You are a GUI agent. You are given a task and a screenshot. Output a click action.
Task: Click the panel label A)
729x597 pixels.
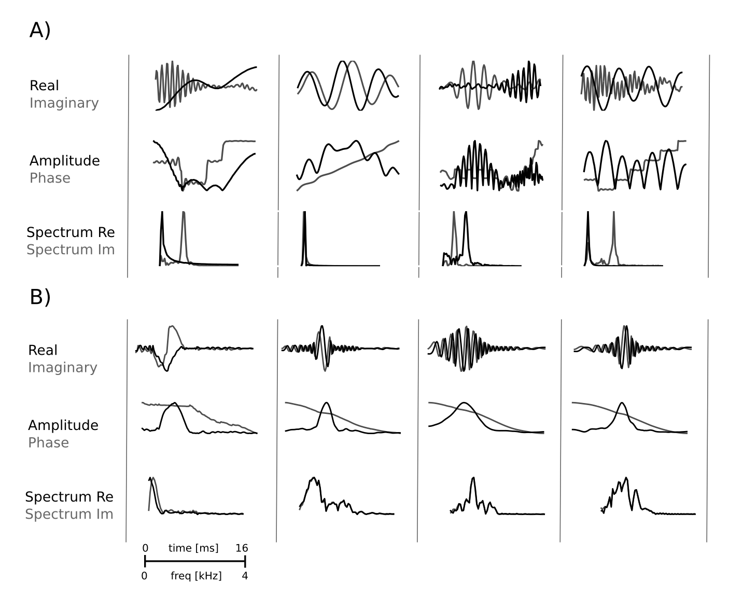click(40, 31)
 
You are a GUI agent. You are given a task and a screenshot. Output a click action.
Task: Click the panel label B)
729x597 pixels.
click(40, 297)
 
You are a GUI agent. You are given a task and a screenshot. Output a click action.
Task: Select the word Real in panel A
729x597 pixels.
click(44, 86)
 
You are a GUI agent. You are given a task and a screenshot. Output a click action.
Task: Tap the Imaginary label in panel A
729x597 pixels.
click(64, 103)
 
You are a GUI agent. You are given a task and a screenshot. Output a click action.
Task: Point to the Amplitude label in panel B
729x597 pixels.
click(63, 425)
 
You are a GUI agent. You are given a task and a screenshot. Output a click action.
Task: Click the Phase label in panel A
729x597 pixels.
click(50, 178)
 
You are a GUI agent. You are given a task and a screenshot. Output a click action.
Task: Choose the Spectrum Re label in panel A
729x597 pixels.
click(71, 232)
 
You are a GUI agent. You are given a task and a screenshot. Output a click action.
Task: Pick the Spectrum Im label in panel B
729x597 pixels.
click(69, 514)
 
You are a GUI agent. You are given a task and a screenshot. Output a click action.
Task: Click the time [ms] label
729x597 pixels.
click(193, 548)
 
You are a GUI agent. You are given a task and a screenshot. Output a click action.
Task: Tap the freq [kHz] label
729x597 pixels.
click(196, 576)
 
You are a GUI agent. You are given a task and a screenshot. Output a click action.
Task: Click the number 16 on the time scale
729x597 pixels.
click(242, 548)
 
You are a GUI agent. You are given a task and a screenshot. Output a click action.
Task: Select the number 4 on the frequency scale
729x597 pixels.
click(245, 576)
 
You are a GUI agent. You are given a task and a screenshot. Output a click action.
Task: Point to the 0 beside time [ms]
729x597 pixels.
click(145, 548)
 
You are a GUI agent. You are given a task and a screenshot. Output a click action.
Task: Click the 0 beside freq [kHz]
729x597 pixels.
click(144, 576)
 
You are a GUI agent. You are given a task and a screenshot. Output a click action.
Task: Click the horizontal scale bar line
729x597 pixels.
click(194, 561)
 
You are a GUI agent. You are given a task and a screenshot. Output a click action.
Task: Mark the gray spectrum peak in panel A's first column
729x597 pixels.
click(183, 214)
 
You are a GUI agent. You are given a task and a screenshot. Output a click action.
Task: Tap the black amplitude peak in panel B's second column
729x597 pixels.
click(326, 403)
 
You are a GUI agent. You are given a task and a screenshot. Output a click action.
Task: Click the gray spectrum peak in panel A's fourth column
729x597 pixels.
click(613, 213)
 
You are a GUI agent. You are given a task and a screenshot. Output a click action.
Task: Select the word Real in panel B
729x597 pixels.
click(43, 350)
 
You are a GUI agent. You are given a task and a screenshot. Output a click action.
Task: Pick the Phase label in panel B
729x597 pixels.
click(48, 442)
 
